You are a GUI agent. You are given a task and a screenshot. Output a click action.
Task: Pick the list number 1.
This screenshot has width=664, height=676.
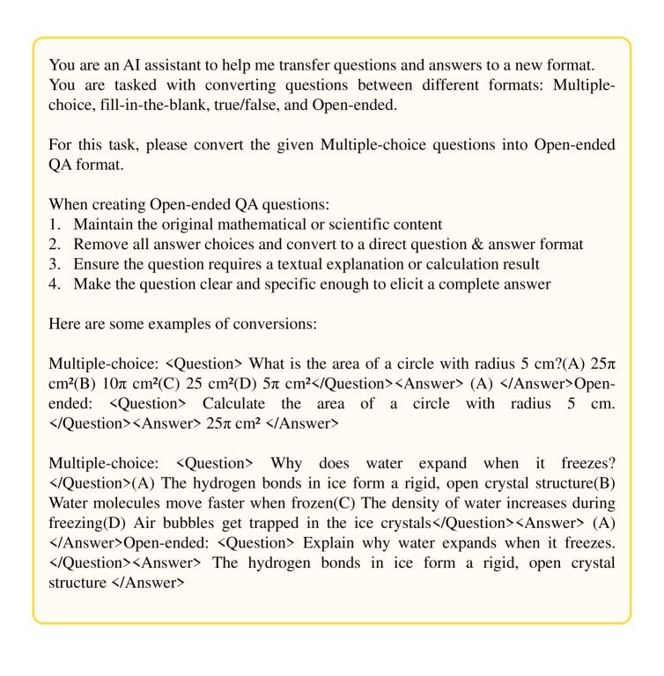[55, 224]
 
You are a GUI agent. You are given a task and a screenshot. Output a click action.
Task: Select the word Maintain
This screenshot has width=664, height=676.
[103, 224]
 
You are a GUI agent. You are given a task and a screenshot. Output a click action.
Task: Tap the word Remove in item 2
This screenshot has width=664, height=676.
[100, 244]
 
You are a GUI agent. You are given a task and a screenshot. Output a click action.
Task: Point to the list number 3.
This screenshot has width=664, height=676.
[55, 263]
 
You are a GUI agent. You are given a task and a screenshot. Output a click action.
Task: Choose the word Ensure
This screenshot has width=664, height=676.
[97, 263]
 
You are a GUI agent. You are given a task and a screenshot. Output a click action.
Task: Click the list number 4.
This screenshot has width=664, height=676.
[55, 283]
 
